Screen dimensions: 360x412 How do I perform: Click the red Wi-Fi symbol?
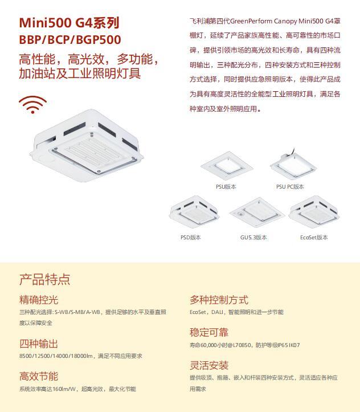click(33, 105)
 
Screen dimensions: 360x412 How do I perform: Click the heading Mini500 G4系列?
click(69, 23)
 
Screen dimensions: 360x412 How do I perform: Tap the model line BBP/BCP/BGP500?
click(70, 40)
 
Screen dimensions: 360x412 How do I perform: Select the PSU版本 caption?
click(226, 186)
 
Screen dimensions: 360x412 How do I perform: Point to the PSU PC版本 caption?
click(290, 186)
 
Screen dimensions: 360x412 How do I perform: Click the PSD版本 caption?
click(191, 237)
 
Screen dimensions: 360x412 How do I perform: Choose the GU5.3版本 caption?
click(253, 237)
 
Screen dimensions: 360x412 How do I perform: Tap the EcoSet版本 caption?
click(314, 237)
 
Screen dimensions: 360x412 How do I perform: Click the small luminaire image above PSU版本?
click(227, 166)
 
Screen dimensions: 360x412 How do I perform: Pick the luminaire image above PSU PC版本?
click(293, 164)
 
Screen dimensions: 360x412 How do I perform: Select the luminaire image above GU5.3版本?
click(256, 213)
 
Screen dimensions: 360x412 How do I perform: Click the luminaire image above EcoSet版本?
click(314, 211)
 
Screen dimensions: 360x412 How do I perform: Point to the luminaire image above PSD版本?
click(194, 211)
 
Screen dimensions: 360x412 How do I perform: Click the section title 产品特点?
click(44, 279)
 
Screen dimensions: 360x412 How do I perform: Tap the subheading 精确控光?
click(39, 300)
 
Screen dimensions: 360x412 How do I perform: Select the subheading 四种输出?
click(39, 344)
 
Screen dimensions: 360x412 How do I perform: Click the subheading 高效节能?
click(39, 377)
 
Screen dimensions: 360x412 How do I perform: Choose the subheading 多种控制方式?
click(219, 300)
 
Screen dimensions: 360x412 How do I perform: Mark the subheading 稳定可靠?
click(209, 333)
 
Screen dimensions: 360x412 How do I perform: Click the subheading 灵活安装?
click(209, 365)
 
